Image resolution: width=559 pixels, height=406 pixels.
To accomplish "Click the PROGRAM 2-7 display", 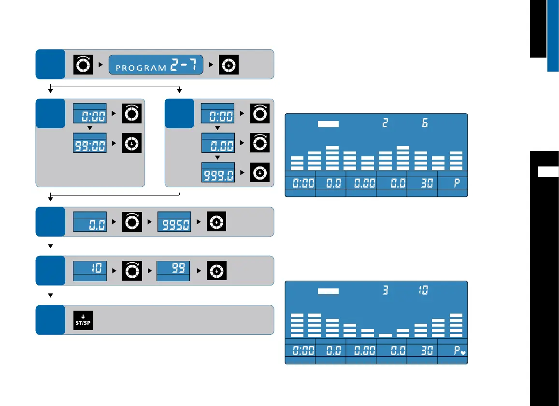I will coord(156,64).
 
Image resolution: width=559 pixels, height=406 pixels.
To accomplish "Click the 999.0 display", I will coord(217,173).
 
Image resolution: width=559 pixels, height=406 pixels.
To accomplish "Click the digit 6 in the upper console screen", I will coord(425,123).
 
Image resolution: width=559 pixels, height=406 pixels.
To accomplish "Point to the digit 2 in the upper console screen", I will coord(385,123).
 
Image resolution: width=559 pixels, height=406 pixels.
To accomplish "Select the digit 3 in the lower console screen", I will coord(385,291).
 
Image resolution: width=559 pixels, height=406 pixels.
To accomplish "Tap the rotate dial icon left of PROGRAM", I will coord(83,64).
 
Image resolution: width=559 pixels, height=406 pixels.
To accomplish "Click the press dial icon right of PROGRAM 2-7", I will coord(228,64).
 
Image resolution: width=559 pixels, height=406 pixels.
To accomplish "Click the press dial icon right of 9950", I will coord(216,222).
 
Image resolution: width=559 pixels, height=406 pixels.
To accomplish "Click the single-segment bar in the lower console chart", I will coord(385,334).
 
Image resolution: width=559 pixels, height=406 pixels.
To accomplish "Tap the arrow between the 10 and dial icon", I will coord(115,271).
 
